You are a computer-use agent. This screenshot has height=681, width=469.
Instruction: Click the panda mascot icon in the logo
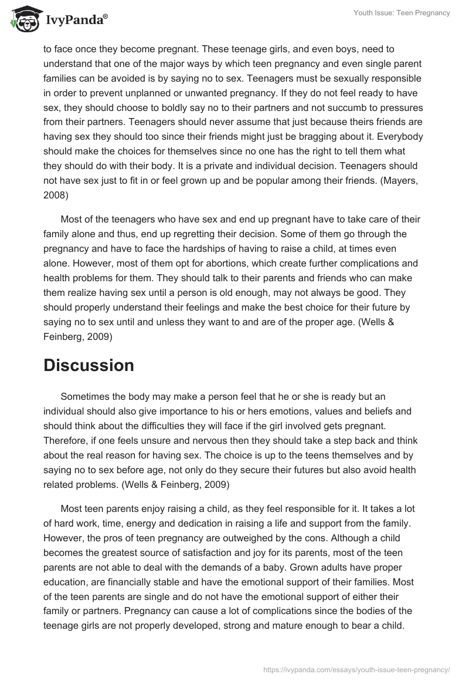pyautogui.click(x=22, y=19)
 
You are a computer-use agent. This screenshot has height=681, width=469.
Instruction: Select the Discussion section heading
pyautogui.click(x=89, y=365)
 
